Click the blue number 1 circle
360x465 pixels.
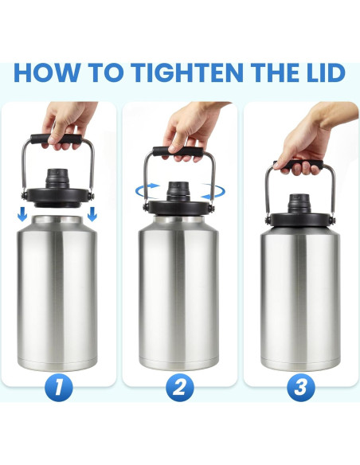coord(59,387)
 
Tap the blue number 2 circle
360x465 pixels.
coord(180,387)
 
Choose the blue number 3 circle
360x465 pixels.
coord(301,387)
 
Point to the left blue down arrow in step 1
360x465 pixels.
coord(22,214)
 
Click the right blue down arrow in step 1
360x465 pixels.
coord(92,214)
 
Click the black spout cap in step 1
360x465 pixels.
coord(57,178)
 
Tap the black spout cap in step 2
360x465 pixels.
coord(178,192)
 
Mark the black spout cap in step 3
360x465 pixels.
coord(299,204)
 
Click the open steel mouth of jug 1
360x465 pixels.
coord(57,220)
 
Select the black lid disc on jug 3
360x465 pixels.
coord(299,220)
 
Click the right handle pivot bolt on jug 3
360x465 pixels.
coord(332,221)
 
